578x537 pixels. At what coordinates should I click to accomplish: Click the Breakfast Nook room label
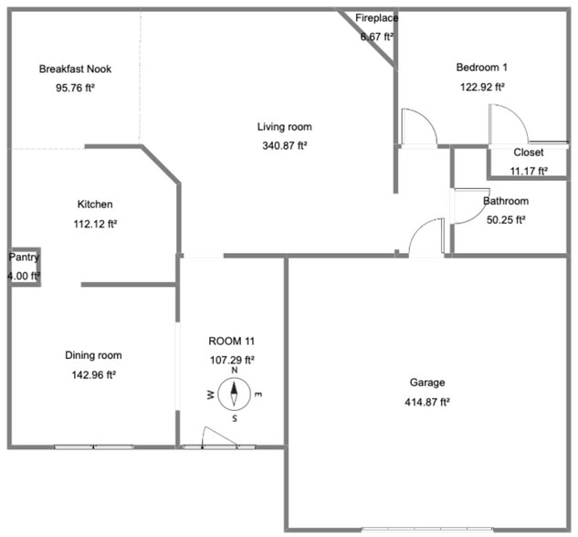click(x=75, y=69)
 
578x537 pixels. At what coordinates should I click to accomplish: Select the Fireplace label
click(x=374, y=18)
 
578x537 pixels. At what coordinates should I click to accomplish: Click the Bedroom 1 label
click(x=482, y=68)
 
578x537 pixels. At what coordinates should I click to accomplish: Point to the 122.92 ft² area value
click(x=482, y=87)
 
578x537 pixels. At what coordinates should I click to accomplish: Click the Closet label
click(x=528, y=153)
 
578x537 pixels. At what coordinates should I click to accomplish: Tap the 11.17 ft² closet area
click(x=528, y=171)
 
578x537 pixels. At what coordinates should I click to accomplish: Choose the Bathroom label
click(x=505, y=201)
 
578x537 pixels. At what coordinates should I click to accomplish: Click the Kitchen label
click(x=95, y=205)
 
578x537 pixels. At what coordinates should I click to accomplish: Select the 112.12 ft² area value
click(x=95, y=223)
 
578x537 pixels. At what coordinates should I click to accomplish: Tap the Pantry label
click(x=25, y=258)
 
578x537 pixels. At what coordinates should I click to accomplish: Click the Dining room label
click(x=93, y=355)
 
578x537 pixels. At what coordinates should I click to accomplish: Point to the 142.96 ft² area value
click(x=93, y=374)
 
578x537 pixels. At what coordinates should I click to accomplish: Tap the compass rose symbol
click(x=234, y=395)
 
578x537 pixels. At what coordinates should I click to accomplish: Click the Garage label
click(x=426, y=383)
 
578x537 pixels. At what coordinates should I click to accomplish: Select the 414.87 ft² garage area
click(x=426, y=402)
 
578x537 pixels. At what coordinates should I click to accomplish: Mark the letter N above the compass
click(x=235, y=371)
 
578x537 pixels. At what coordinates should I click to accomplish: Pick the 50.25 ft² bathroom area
click(x=505, y=219)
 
